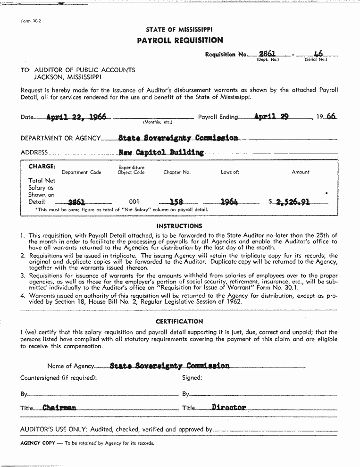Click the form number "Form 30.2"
point(31,21)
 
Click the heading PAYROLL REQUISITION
point(180,41)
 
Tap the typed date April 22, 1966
point(76,117)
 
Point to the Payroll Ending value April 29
point(271,117)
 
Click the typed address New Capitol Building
point(161,152)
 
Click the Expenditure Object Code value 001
point(134,202)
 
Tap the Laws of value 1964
point(229,202)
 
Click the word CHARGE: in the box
point(42,167)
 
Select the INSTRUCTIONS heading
point(179,226)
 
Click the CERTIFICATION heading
point(179,321)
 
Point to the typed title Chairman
point(59,408)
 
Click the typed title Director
point(229,407)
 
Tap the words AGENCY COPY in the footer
point(38,443)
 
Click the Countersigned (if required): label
point(59,377)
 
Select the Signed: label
point(192,377)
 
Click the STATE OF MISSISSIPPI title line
point(179,30)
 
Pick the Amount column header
point(301,172)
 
